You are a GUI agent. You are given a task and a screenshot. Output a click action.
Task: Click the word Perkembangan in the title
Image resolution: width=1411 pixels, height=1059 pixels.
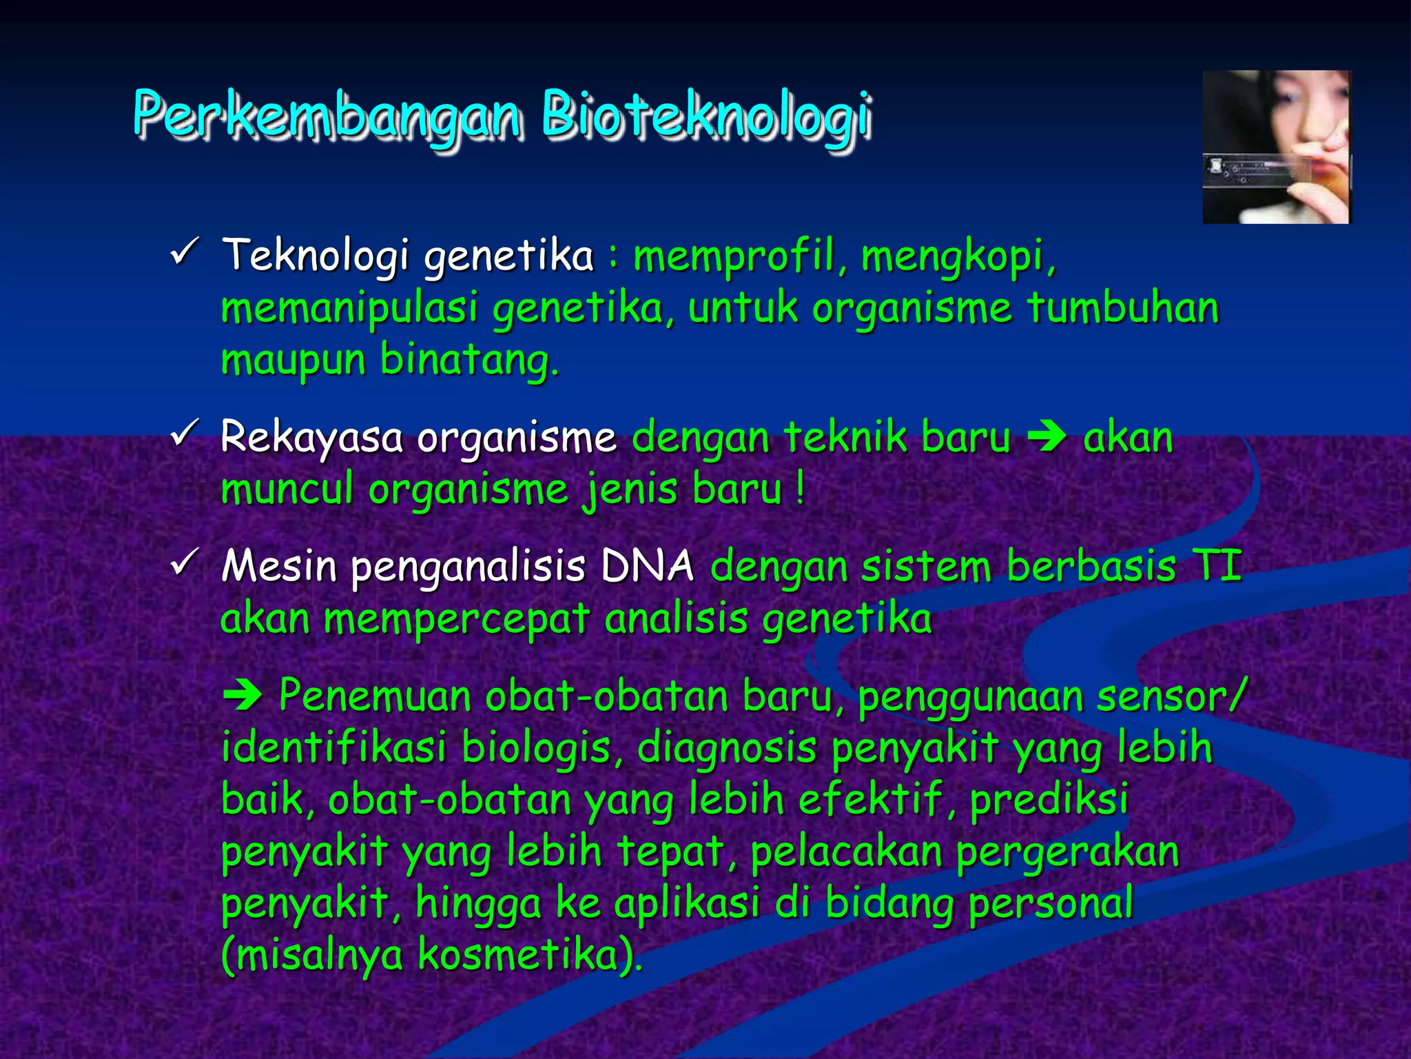[x=327, y=114]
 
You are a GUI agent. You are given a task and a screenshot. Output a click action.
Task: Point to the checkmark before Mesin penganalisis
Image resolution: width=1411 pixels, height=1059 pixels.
[x=184, y=563]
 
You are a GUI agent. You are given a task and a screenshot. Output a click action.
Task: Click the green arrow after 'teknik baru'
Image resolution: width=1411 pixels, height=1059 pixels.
[x=1047, y=438]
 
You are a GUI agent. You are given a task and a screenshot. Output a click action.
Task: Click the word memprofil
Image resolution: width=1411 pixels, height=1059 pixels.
[x=734, y=256]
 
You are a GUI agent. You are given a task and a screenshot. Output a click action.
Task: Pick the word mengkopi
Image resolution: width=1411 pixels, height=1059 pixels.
[x=958, y=256]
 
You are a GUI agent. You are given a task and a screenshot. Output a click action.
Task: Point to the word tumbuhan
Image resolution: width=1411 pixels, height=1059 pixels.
[x=1122, y=308]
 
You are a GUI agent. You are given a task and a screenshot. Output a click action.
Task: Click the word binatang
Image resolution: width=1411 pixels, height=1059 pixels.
[x=468, y=361]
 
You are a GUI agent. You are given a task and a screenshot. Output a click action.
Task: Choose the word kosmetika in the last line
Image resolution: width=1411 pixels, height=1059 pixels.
[x=527, y=956]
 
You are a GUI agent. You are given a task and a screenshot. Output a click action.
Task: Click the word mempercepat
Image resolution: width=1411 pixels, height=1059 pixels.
[x=457, y=620]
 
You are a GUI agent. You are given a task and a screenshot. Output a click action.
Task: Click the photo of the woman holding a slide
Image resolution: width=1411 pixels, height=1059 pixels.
[x=1276, y=147]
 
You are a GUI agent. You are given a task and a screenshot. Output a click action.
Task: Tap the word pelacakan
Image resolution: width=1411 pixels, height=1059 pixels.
[x=846, y=852]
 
